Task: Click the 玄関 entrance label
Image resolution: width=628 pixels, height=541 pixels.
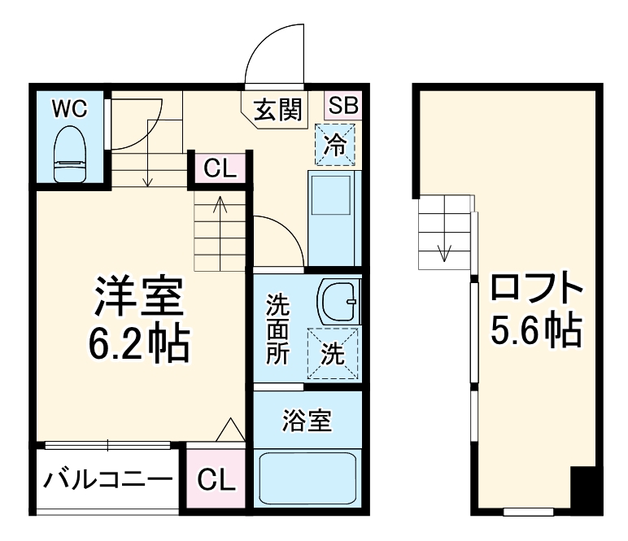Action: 277,108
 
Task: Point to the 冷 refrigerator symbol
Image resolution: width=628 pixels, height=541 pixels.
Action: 335,145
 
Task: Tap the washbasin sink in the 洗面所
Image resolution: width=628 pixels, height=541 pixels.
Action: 338,303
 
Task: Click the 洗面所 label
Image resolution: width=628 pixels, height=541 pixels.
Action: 277,330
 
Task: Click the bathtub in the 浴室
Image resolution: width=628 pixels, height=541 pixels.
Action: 307,480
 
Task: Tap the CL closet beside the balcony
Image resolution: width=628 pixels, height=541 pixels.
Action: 215,479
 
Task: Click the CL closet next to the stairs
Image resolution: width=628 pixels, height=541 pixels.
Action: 219,169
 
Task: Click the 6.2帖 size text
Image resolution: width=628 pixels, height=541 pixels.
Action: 138,345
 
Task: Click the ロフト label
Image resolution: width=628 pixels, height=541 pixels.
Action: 536,290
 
